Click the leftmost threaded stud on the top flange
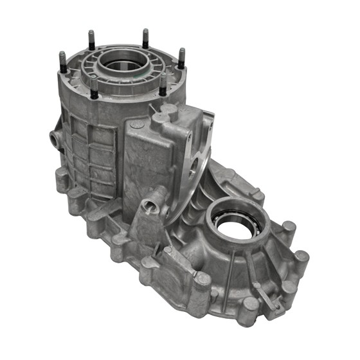click(62, 62)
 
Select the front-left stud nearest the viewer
click(94, 89)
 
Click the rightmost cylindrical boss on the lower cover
click(300, 259)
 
